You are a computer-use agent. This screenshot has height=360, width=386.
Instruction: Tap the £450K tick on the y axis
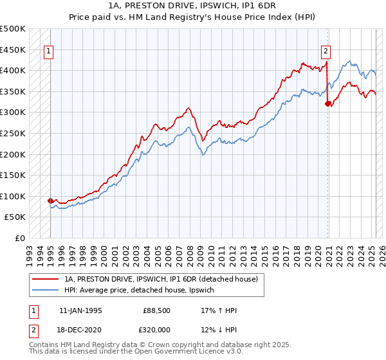(13, 50)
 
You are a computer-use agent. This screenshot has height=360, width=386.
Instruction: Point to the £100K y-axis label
(13, 196)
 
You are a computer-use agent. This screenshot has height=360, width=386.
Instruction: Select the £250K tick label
(13, 133)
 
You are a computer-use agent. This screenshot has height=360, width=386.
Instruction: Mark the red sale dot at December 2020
(327, 103)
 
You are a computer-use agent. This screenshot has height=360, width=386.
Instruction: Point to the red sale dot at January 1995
(50, 201)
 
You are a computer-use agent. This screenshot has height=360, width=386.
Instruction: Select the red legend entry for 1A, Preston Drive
(161, 279)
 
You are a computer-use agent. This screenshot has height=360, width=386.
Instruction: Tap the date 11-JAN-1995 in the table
(80, 310)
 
